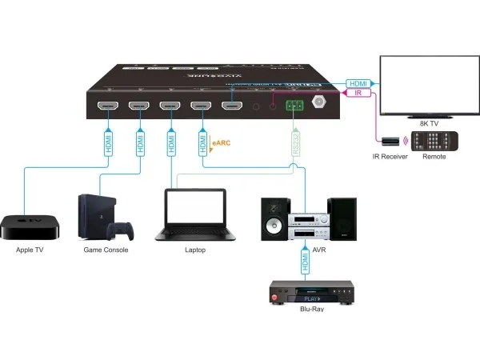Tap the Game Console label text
[x=106, y=250]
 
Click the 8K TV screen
[x=428, y=86]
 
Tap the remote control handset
[x=437, y=142]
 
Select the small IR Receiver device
[x=390, y=142]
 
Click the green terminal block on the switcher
[x=294, y=106]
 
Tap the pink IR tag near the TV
[x=360, y=94]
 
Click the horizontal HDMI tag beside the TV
[x=357, y=82]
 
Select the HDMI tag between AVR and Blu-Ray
[x=304, y=261]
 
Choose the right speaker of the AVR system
[x=344, y=217]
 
